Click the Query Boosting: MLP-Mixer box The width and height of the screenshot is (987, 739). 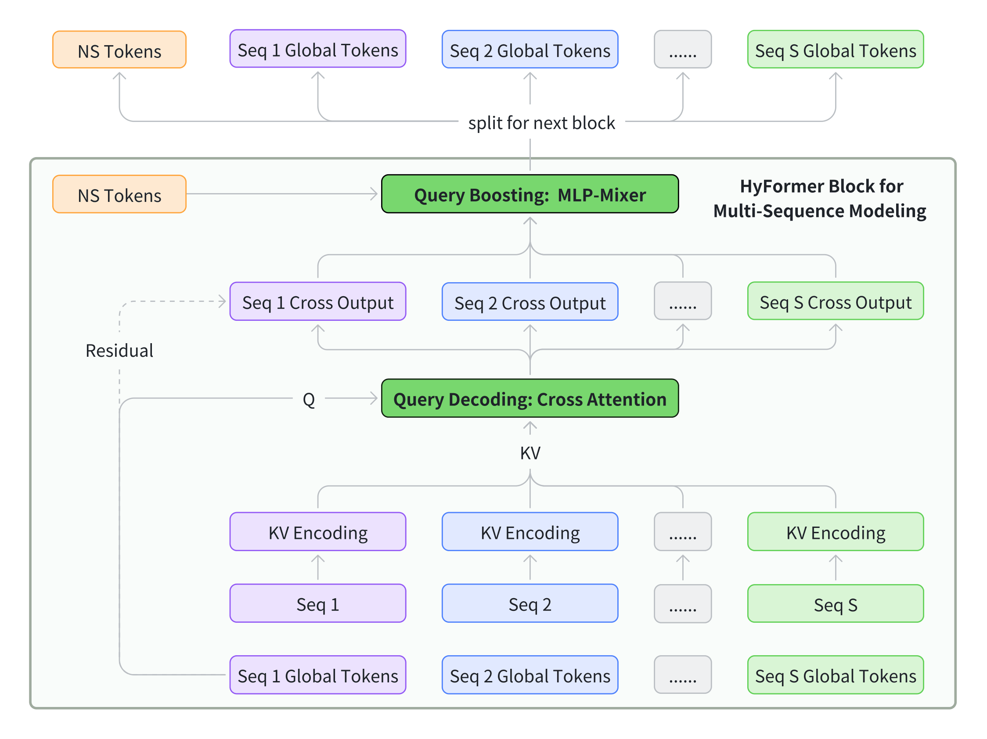530,194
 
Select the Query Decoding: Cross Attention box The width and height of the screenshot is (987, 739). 530,398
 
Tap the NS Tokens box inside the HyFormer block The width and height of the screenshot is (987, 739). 119,194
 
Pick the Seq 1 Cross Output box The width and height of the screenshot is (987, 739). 318,301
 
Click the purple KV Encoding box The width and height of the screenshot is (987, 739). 318,531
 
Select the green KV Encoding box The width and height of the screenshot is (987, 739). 835,531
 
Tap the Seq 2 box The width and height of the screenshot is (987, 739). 530,603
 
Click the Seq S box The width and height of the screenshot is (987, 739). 835,604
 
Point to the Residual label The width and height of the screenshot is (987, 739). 119,351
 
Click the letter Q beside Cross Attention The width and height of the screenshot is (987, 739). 309,399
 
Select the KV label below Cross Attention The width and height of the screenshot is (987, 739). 530,453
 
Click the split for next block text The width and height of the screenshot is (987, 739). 541,122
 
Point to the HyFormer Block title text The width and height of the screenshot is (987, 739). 820,198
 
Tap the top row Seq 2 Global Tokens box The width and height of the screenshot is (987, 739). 530,50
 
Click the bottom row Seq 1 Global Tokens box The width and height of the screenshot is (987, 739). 318,675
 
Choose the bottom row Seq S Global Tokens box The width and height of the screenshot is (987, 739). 835,675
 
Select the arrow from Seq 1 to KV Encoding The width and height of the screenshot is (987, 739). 318,567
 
